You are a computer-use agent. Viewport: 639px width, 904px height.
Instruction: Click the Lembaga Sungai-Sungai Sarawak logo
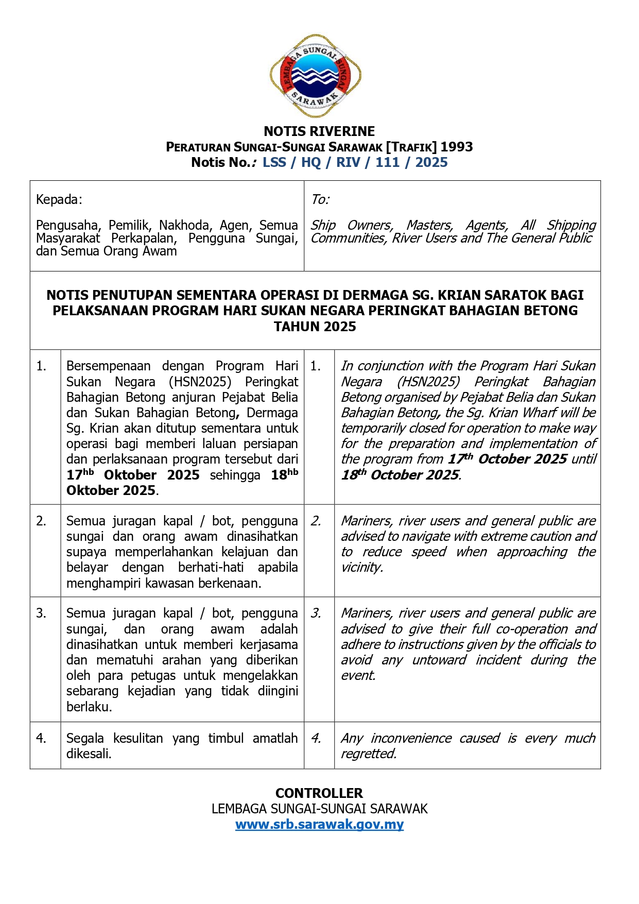[x=315, y=76]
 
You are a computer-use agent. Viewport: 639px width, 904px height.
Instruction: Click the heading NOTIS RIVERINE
[x=319, y=131]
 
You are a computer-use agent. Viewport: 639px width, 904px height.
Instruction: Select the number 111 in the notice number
[x=387, y=163]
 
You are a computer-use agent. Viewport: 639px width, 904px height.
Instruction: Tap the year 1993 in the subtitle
[x=456, y=147]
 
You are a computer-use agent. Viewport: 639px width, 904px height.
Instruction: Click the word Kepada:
[x=59, y=200]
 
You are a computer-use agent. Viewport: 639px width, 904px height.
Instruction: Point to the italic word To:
[x=320, y=200]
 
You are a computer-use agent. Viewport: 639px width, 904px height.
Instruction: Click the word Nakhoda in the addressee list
[x=185, y=226]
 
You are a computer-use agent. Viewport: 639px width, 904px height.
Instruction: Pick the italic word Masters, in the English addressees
[x=430, y=226]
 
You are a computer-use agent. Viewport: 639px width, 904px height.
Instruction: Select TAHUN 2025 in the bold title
[x=315, y=327]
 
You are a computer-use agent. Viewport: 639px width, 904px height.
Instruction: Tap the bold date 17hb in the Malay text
[x=80, y=474]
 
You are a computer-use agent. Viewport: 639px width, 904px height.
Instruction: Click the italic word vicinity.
[x=362, y=568]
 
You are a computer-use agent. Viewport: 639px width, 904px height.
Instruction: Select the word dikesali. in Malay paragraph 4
[x=89, y=754]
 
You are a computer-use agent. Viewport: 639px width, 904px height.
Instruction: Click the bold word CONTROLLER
[x=319, y=793]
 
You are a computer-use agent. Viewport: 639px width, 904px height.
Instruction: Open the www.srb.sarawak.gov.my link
[x=319, y=825]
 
